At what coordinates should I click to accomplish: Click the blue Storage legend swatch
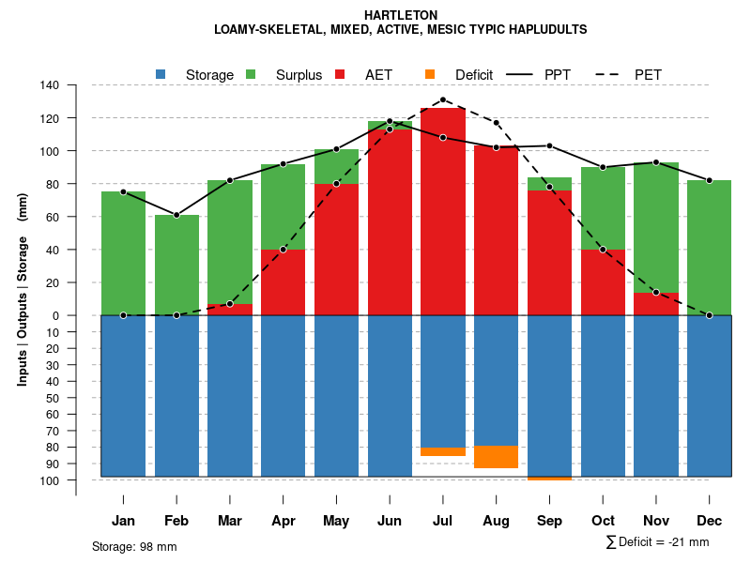tap(161, 74)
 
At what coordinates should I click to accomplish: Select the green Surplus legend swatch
tap(251, 74)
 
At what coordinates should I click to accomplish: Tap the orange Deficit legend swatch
tap(430, 74)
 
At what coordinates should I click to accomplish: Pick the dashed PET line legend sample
tap(605, 74)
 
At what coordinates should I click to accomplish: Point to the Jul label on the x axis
tap(443, 521)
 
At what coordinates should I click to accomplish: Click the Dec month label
tap(710, 521)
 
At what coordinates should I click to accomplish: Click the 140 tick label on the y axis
tap(50, 85)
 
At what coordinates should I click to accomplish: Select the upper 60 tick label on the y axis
tap(54, 217)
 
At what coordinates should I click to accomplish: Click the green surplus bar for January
tap(123, 253)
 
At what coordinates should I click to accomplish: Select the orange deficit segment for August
tap(496, 457)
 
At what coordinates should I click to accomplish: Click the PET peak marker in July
tap(443, 99)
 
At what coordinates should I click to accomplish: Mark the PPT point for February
tap(176, 215)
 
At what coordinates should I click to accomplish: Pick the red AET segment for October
tap(603, 281)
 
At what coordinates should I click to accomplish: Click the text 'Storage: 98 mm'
tap(134, 546)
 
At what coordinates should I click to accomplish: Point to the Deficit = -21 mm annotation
tap(658, 542)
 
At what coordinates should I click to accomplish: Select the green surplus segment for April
tap(283, 206)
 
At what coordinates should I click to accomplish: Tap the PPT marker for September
tap(549, 145)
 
